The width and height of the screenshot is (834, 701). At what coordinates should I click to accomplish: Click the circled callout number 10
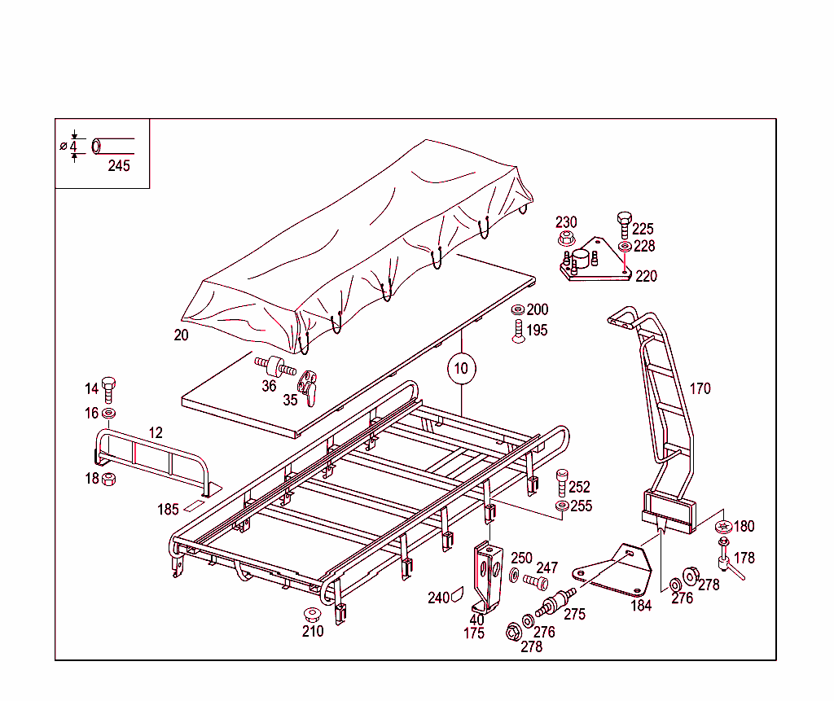461,368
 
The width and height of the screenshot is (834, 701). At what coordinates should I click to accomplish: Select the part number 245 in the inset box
119,166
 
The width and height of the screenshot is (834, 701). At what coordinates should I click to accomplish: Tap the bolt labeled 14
110,389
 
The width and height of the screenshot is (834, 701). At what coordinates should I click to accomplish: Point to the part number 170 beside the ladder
700,388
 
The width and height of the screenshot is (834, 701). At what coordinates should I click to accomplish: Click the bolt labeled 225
624,222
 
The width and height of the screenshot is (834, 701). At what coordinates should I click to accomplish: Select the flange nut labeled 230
567,239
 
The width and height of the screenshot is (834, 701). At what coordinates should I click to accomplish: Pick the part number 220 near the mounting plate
646,276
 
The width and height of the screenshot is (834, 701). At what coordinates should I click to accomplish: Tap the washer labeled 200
518,310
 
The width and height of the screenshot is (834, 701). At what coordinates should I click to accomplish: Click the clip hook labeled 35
308,385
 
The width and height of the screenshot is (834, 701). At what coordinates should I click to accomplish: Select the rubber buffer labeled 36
274,365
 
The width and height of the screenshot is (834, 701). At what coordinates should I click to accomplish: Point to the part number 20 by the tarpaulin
181,335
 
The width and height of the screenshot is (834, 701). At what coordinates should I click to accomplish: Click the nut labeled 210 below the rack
310,613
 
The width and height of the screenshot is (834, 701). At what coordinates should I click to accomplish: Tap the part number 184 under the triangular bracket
641,605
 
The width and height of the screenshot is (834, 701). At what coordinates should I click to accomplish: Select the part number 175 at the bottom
474,633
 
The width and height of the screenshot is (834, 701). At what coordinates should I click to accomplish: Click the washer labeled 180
722,527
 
